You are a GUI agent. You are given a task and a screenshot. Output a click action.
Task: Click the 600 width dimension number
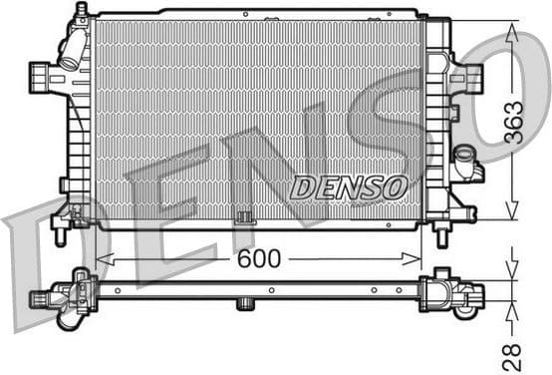coord(259,259)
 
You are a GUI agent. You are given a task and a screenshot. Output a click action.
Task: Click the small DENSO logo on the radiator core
coord(348,187)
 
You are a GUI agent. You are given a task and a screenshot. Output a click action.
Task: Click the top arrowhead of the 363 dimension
coord(513,31)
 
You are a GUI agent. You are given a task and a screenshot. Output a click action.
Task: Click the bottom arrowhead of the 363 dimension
coord(513,212)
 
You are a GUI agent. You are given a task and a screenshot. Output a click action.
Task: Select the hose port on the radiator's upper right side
coord(468,77)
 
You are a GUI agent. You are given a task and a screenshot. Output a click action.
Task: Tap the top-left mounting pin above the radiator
coord(82,10)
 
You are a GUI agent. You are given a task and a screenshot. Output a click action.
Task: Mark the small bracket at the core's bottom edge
coord(242,217)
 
